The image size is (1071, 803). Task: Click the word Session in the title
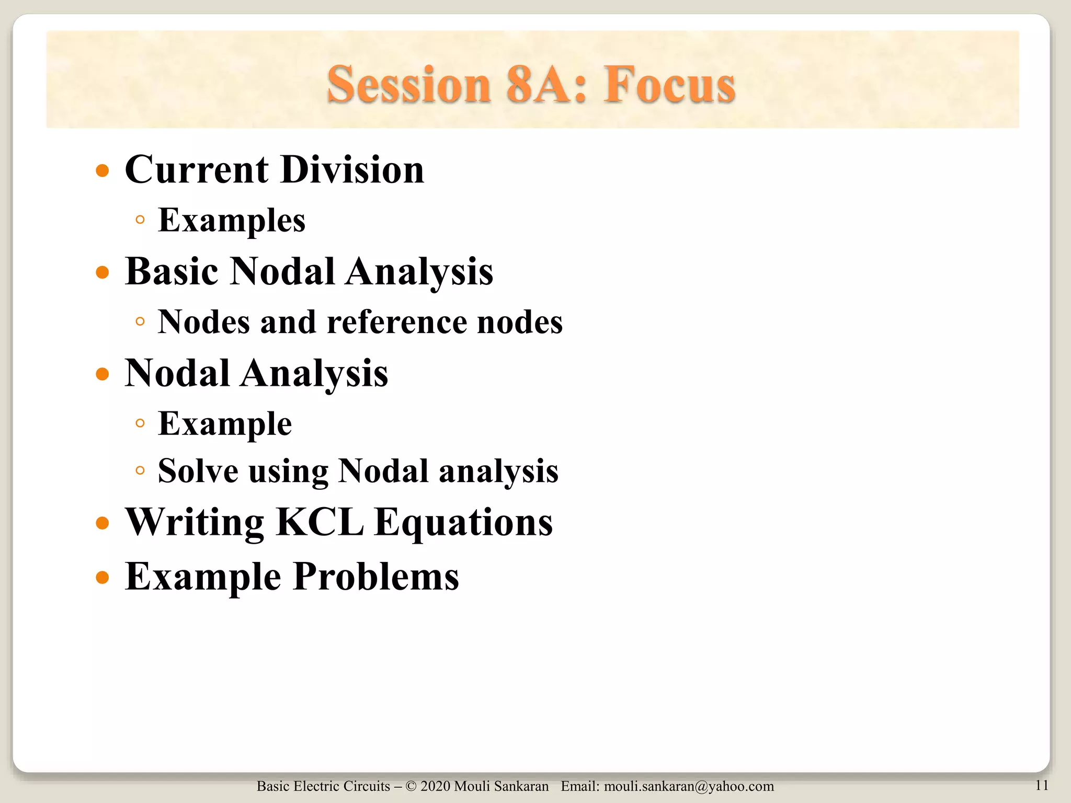(408, 85)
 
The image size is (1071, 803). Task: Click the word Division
(352, 170)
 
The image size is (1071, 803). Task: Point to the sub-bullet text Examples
(232, 220)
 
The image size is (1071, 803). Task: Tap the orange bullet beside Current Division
(102, 171)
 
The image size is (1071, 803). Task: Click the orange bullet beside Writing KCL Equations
(102, 523)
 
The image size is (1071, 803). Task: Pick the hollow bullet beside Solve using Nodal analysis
(140, 471)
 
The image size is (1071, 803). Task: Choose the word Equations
(463, 523)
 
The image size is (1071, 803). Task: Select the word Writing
(194, 523)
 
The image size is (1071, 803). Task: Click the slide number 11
(1041, 785)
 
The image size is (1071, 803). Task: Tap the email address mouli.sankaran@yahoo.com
(689, 786)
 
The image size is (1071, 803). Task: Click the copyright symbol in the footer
(411, 786)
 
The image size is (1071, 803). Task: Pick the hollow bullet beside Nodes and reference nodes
(140, 322)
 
